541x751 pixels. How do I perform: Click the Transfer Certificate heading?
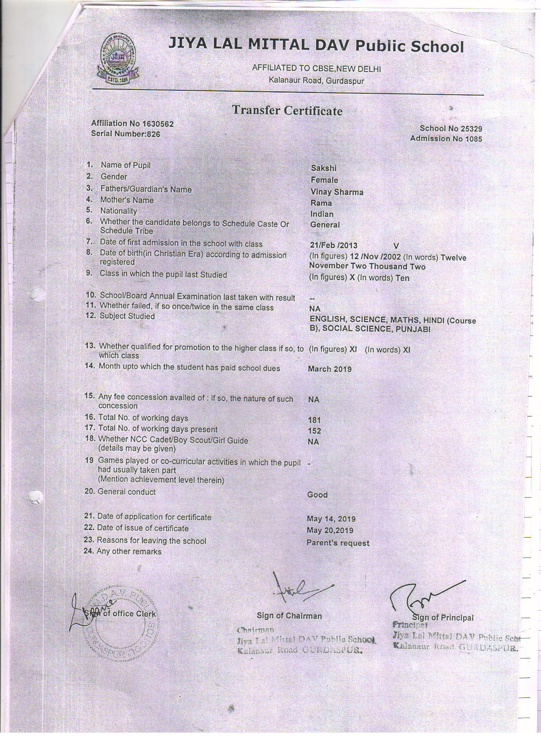(x=287, y=111)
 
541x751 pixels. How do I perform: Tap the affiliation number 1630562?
(x=158, y=124)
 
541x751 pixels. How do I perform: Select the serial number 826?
(x=153, y=134)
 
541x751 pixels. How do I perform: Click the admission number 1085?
(x=472, y=138)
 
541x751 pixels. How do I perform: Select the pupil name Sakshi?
(x=324, y=169)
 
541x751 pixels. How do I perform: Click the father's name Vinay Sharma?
(x=336, y=192)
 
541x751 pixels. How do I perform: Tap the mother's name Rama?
(x=321, y=203)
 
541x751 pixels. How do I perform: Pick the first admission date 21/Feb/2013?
(x=333, y=246)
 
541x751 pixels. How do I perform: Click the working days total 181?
(x=314, y=420)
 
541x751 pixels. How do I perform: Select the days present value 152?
(x=314, y=431)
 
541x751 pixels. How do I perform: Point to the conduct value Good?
(x=317, y=495)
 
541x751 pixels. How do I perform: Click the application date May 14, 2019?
(x=331, y=519)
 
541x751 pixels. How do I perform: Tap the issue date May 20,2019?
(x=330, y=530)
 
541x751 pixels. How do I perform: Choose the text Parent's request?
(x=338, y=543)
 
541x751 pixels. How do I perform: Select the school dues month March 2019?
(x=330, y=369)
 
